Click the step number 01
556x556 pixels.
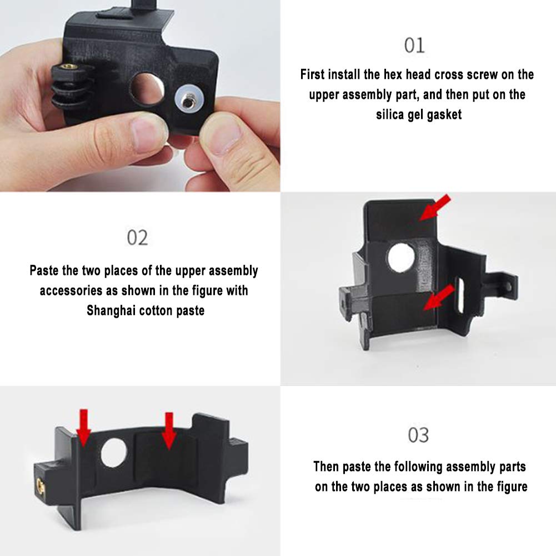(x=414, y=46)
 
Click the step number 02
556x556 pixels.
(x=138, y=238)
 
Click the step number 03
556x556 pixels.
(x=418, y=435)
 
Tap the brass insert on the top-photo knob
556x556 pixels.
(x=68, y=66)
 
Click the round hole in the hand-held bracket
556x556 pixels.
(x=147, y=89)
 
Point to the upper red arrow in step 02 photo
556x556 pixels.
(x=434, y=208)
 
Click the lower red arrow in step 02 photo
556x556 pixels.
(x=439, y=297)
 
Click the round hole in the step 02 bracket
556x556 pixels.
(x=401, y=257)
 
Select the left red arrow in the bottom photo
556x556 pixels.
(x=84, y=428)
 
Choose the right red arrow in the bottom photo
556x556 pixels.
(x=169, y=431)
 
